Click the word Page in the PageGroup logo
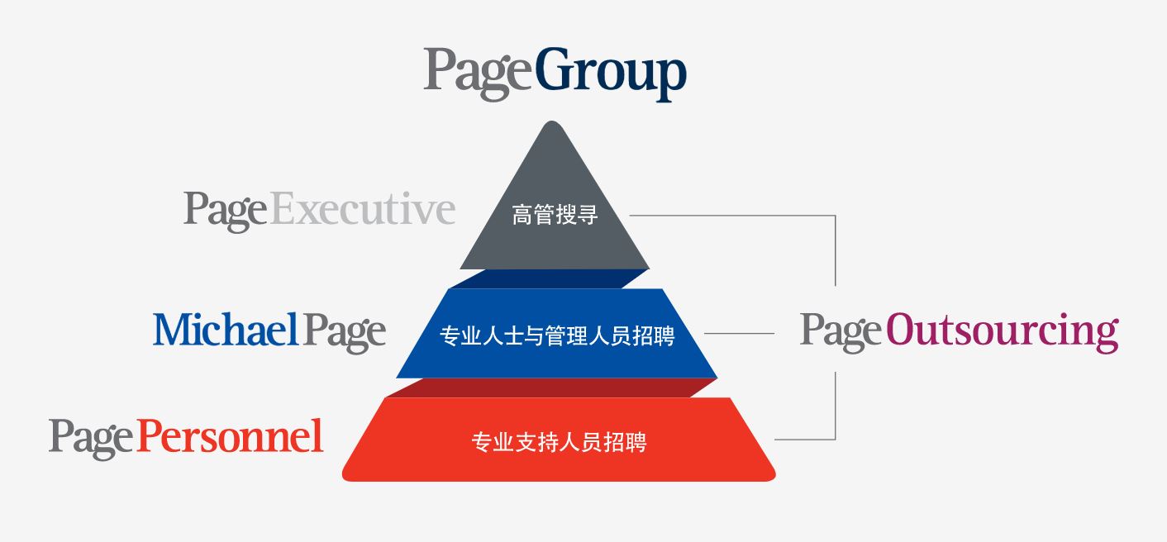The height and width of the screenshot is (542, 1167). click(479, 74)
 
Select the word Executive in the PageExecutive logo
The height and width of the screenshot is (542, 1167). click(363, 209)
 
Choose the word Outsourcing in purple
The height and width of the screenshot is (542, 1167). click(1003, 330)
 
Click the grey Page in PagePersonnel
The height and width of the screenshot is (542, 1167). click(92, 439)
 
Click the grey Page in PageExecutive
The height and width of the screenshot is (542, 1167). click(226, 211)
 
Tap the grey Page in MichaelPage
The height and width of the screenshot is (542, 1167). click(345, 332)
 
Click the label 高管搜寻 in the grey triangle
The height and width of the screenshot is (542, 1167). click(555, 215)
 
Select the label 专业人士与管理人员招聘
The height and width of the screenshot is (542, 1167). click(557, 335)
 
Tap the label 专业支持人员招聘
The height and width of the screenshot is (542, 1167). click(559, 443)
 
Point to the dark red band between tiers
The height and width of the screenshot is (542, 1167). click(551, 387)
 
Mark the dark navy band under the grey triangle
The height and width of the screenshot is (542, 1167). click(549, 278)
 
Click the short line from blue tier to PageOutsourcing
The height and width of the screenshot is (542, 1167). click(739, 333)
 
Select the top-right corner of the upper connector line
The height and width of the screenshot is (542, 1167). click(836, 215)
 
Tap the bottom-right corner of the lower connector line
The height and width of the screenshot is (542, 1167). click(836, 440)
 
